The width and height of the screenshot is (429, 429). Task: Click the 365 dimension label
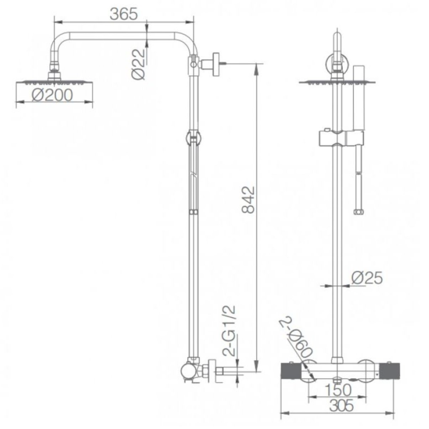point(124,14)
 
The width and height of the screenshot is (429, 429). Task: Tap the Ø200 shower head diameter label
point(53,95)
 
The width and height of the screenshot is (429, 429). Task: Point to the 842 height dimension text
point(249,200)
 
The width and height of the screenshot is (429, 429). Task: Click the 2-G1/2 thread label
point(229,331)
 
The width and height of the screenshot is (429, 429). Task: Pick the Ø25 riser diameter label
point(367,278)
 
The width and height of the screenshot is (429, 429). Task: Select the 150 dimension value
point(338,390)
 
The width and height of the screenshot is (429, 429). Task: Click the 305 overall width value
point(342,405)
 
